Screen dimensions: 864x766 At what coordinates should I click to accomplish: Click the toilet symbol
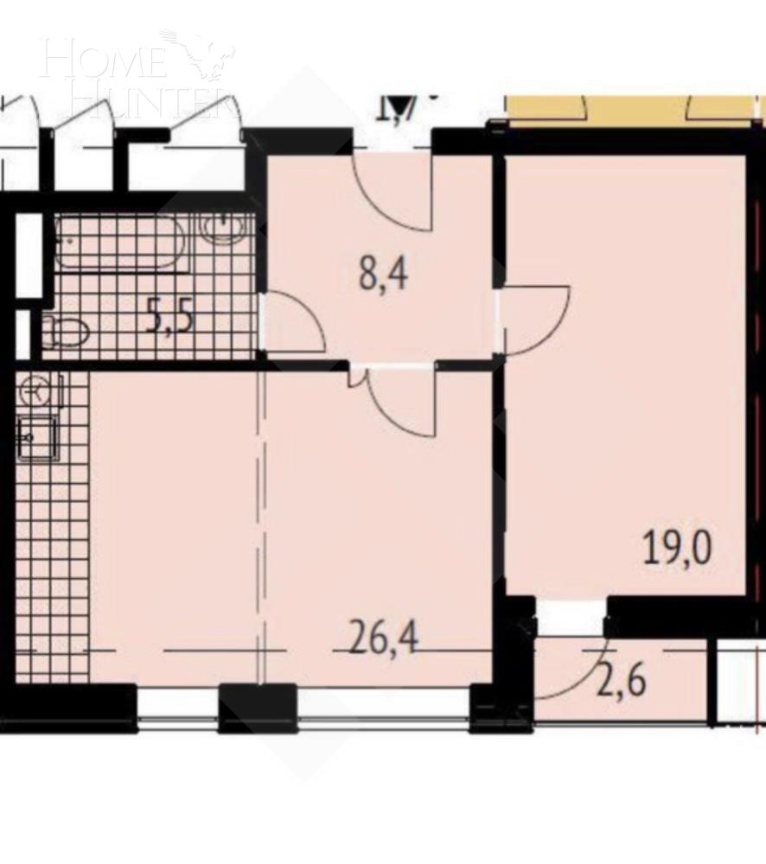67,329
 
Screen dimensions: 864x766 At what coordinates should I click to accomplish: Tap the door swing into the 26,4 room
398,399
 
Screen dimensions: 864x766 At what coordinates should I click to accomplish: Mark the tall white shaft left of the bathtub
29,255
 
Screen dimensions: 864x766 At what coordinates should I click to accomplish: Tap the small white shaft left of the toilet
24,332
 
